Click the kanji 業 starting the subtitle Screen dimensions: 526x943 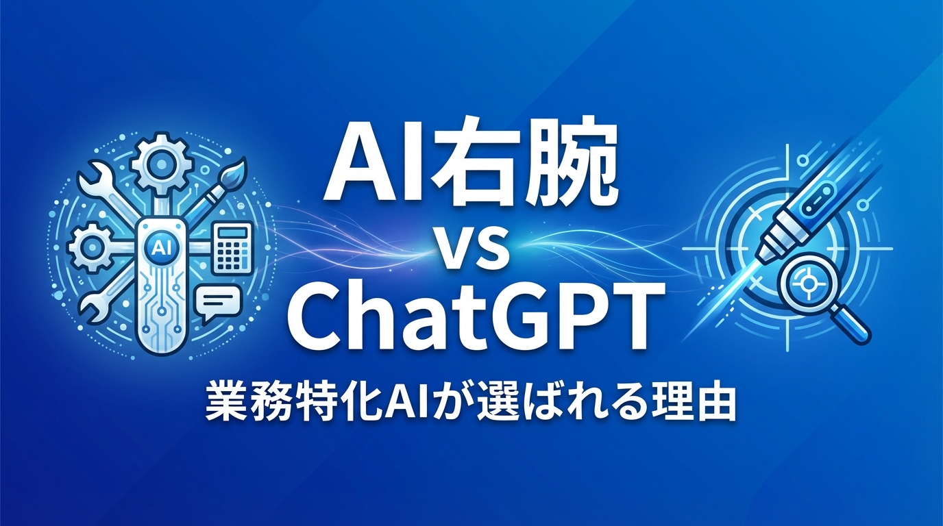(225, 405)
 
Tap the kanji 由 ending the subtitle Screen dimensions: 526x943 (717, 405)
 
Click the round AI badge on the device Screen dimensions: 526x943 (163, 245)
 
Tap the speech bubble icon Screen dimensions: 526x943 (219, 302)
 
